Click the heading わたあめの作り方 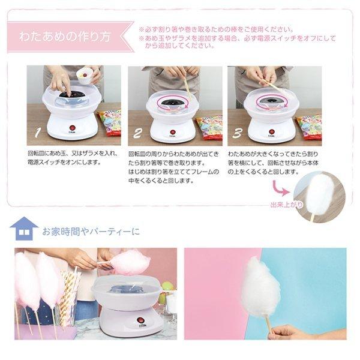tap(65, 35)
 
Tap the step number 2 tap(137, 133)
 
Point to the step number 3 tap(237, 133)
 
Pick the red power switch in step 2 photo tap(173, 131)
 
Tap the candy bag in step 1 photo tap(110, 123)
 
